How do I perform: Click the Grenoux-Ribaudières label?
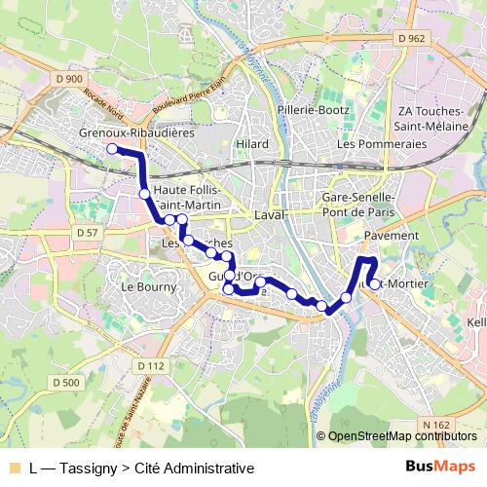[137, 132]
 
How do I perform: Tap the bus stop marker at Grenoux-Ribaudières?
[112, 149]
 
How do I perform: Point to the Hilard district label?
[251, 143]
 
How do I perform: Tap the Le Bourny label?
[149, 287]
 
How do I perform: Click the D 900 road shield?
[69, 78]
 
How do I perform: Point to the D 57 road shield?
[86, 233]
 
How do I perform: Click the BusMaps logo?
[440, 467]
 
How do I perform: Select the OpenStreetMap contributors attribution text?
[403, 436]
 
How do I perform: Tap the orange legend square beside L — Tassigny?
[14, 468]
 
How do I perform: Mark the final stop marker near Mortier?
[375, 284]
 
